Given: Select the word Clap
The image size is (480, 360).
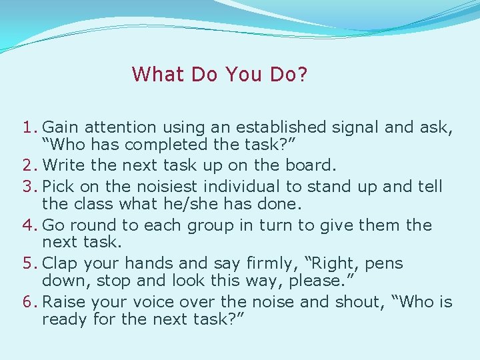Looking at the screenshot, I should click(60, 264).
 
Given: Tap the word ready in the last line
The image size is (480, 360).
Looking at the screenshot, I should click(65, 319).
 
